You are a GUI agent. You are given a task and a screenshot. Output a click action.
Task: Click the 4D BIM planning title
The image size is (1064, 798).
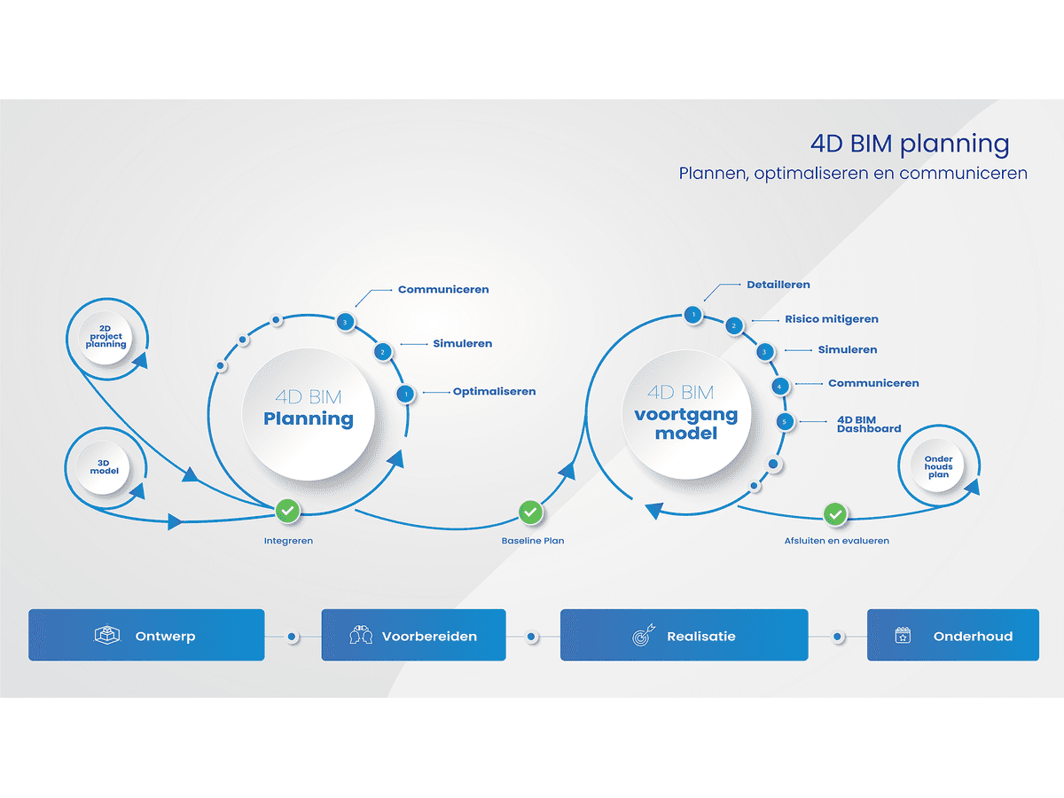click(x=910, y=144)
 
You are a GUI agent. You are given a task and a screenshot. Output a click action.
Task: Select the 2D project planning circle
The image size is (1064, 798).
click(x=106, y=337)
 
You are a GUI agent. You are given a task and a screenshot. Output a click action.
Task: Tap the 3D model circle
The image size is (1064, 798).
click(x=105, y=465)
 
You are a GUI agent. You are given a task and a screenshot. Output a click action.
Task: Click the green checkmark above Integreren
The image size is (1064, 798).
click(x=287, y=511)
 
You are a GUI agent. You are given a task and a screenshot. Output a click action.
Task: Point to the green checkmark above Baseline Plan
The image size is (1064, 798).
click(x=530, y=512)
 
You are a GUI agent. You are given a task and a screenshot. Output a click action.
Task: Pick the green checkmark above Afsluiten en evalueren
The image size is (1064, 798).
click(x=834, y=513)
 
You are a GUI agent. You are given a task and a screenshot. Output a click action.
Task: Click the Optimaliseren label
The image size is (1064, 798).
click(x=494, y=391)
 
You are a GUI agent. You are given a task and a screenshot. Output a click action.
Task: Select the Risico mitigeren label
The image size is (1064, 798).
click(x=831, y=319)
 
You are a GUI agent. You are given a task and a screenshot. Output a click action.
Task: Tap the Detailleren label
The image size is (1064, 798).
click(x=778, y=285)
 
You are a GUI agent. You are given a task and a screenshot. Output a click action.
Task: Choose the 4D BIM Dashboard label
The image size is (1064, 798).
click(x=868, y=424)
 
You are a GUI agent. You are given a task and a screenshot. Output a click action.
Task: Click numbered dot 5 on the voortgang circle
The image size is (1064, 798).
click(x=784, y=422)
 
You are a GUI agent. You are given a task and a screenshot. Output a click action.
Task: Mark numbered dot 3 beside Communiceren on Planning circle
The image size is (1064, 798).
click(x=346, y=323)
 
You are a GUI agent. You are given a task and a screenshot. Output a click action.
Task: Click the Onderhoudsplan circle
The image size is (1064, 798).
click(x=938, y=467)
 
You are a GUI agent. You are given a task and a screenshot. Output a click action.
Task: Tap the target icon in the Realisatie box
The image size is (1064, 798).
click(x=644, y=636)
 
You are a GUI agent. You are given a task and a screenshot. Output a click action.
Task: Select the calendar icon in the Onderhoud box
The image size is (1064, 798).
click(x=903, y=636)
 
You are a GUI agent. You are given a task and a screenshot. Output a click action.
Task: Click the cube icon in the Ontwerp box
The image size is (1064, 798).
click(x=107, y=636)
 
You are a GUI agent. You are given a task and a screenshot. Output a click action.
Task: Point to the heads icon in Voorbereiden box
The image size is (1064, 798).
click(x=361, y=636)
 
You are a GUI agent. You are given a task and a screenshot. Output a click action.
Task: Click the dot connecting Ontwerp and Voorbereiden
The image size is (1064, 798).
click(x=293, y=637)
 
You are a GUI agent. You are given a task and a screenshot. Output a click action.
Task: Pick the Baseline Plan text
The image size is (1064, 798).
click(x=532, y=541)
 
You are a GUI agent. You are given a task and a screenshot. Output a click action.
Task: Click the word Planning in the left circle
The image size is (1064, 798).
click(x=308, y=419)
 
